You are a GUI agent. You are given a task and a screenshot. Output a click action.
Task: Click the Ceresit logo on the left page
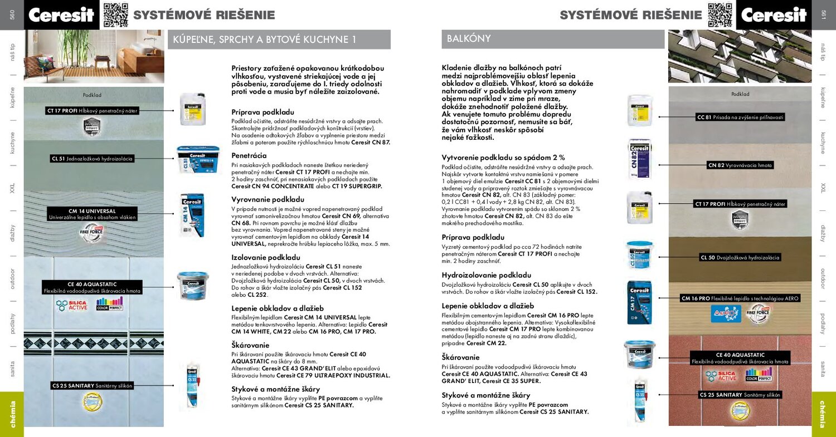pyautogui.click(x=61, y=15)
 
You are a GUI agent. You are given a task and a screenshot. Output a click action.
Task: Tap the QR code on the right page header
pyautogui.click(x=720, y=15)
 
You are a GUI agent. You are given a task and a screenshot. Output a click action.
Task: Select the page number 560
pyautogui.click(x=12, y=15)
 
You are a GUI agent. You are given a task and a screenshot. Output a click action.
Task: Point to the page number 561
pyautogui.click(x=824, y=15)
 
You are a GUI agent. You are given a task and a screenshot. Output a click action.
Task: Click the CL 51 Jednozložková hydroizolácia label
pyautogui.click(x=92, y=159)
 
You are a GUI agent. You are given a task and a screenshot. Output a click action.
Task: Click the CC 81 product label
pyautogui.click(x=740, y=117)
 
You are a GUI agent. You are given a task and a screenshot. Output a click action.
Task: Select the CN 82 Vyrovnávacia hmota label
pyautogui.click(x=740, y=165)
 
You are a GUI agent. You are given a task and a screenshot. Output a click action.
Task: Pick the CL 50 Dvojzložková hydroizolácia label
pyautogui.click(x=740, y=258)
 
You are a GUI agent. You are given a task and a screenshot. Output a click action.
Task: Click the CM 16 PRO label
pyautogui.click(x=740, y=298)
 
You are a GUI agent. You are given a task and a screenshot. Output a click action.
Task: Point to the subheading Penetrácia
pyautogui.click(x=249, y=155)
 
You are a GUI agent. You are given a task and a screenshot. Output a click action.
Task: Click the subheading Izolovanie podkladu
pyautogui.click(x=265, y=257)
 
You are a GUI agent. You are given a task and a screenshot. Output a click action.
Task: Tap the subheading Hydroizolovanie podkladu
pyautogui.click(x=486, y=275)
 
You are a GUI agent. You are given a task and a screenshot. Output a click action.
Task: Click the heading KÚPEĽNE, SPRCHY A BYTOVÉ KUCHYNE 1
pyautogui.click(x=264, y=40)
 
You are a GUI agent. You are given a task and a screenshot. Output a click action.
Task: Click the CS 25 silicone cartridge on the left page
pyautogui.click(x=193, y=385)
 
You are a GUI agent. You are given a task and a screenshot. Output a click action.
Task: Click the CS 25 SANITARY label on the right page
pyautogui.click(x=740, y=395)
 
